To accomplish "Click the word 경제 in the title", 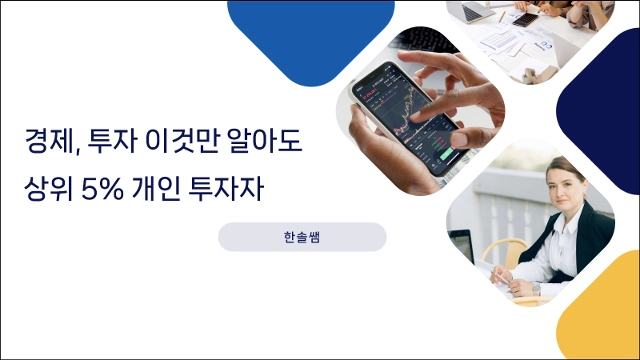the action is [x=48, y=141].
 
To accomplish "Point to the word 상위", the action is [x=48, y=189].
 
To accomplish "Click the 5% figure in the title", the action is [x=102, y=189].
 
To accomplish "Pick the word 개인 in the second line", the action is [x=156, y=189].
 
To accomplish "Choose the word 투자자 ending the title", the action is [x=226, y=189].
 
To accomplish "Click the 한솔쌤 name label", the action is [x=302, y=237].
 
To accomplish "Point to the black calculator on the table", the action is [x=525, y=19].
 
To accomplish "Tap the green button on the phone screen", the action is [x=447, y=155].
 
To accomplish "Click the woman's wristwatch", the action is [x=536, y=289].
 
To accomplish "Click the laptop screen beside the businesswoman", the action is [x=462, y=246].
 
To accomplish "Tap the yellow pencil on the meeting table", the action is [x=504, y=17].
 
